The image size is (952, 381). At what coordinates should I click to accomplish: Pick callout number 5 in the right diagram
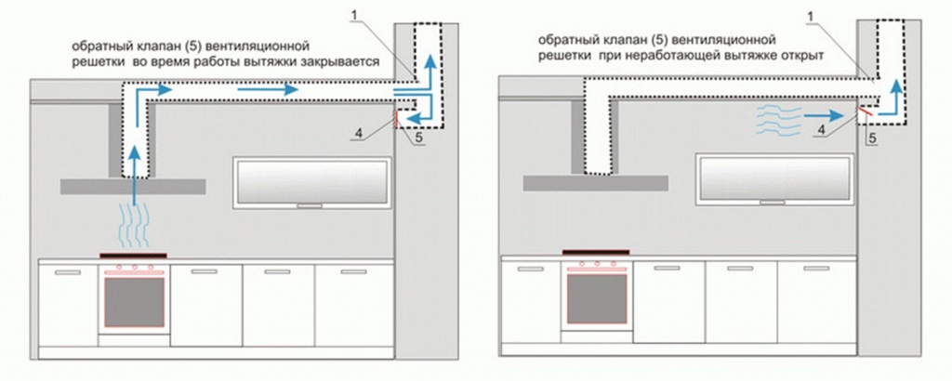coord(872,138)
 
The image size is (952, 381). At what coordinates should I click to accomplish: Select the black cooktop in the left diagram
coord(133,255)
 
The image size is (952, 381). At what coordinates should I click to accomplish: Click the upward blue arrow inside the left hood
coord(136,172)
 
